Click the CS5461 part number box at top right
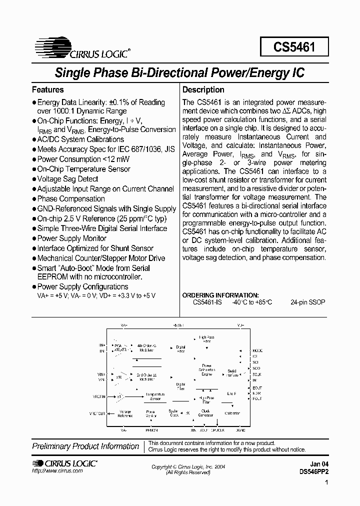294,47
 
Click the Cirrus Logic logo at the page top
83,47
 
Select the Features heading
48,90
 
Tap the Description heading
203,90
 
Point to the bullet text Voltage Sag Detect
67,179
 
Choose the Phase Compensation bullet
71,199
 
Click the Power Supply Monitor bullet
72,238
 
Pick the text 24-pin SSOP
307,302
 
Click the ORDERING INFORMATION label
220,295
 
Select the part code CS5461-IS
207,302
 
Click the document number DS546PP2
314,471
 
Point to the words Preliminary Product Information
85,446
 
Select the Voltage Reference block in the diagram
125,413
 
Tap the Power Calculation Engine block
206,369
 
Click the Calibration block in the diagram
232,413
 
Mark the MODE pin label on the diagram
257,351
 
